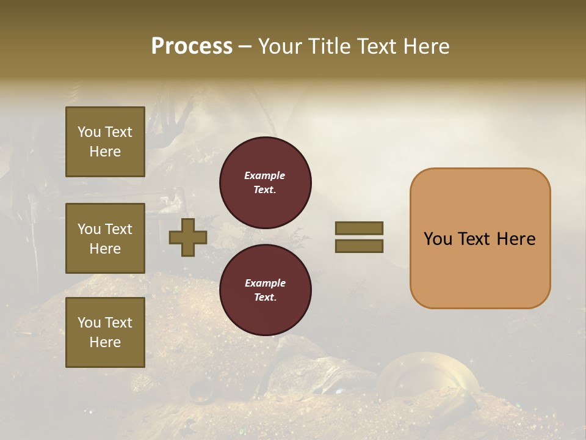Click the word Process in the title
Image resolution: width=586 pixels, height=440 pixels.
coord(192,46)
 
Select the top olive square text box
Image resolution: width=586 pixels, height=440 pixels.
coord(105,142)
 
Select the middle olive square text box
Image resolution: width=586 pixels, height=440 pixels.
coord(105,238)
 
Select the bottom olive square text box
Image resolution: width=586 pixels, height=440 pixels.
coord(105,332)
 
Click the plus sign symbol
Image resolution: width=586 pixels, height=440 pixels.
coord(188,237)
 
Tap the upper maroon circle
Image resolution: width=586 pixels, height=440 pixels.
coord(266,183)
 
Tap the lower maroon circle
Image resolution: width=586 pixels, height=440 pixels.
coord(266,290)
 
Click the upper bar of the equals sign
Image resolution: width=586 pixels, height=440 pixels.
coord(359,228)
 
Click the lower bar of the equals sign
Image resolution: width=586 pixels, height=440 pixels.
coord(359,246)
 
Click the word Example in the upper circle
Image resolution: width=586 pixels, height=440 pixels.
coord(264,175)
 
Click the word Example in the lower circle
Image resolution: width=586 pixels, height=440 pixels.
coord(265,283)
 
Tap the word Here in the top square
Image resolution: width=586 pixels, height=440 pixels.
coord(105,152)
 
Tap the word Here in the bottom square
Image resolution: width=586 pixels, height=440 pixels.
coord(105,342)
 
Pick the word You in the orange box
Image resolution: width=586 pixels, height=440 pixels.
coord(438,239)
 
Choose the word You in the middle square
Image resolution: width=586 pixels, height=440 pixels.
coord(89,229)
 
